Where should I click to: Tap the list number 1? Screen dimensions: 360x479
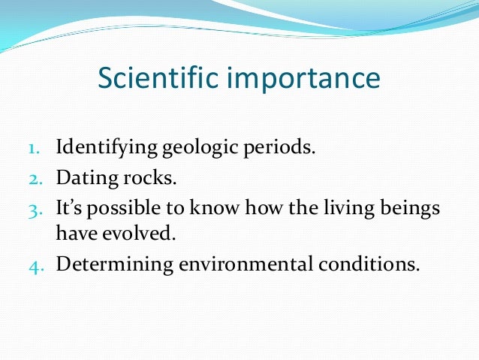(35, 147)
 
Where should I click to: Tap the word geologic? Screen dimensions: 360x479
(193, 147)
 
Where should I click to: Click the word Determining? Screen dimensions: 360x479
(110, 265)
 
